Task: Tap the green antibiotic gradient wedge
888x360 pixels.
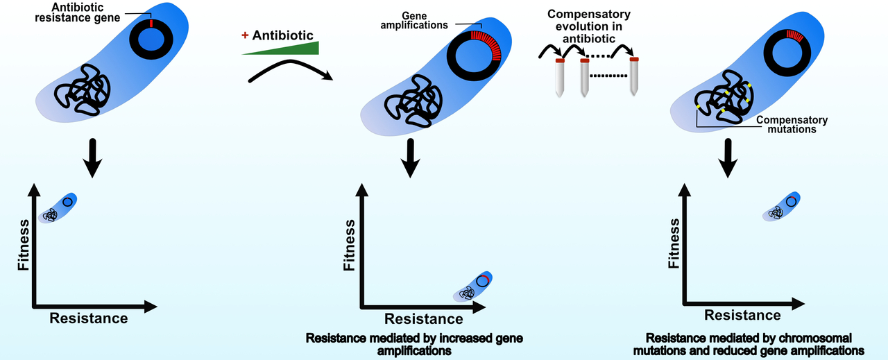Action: tap(291, 49)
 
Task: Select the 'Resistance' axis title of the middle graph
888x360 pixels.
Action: tap(422, 319)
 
